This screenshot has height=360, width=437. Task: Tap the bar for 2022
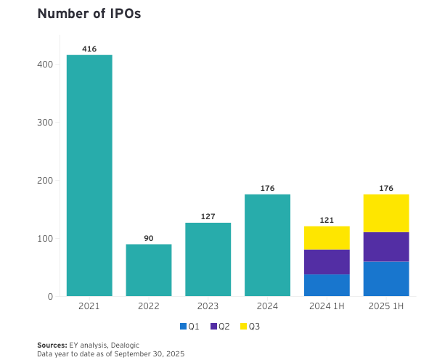149,270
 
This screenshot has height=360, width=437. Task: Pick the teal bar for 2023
208,259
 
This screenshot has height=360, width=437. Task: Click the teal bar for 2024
267,245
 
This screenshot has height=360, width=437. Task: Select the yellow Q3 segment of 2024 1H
327,238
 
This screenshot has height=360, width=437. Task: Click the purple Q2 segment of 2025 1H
386,247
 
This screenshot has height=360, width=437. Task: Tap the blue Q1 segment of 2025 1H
386,279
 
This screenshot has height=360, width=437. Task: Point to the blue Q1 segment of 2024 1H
327,285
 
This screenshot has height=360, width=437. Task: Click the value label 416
89,49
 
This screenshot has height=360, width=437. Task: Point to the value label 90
149,238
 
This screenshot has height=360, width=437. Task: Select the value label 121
327,220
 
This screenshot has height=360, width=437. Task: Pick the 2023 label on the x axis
208,307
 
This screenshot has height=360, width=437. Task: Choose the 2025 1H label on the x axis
386,307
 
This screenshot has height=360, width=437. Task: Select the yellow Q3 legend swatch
243,327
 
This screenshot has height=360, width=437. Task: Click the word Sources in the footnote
52,345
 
